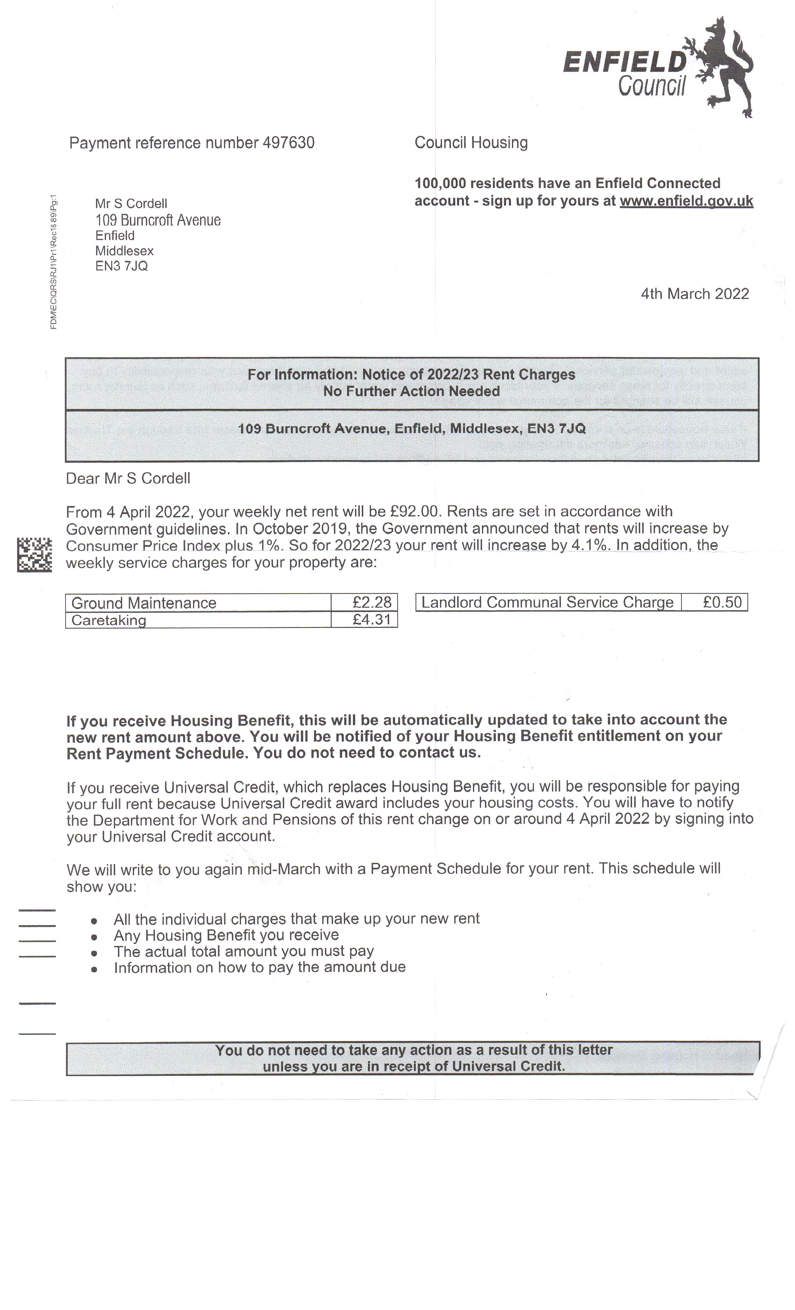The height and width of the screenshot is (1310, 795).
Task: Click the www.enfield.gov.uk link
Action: click(686, 201)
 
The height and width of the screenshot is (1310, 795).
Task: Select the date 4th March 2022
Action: click(695, 294)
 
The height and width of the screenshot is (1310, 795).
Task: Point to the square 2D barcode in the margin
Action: click(35, 555)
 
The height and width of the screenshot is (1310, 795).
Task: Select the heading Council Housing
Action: click(471, 143)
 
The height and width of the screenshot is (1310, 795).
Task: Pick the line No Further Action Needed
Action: click(411, 391)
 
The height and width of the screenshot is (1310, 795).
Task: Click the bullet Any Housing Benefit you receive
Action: click(226, 935)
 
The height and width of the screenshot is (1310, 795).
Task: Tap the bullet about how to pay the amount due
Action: click(259, 967)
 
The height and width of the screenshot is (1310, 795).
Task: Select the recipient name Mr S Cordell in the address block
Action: click(131, 204)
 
